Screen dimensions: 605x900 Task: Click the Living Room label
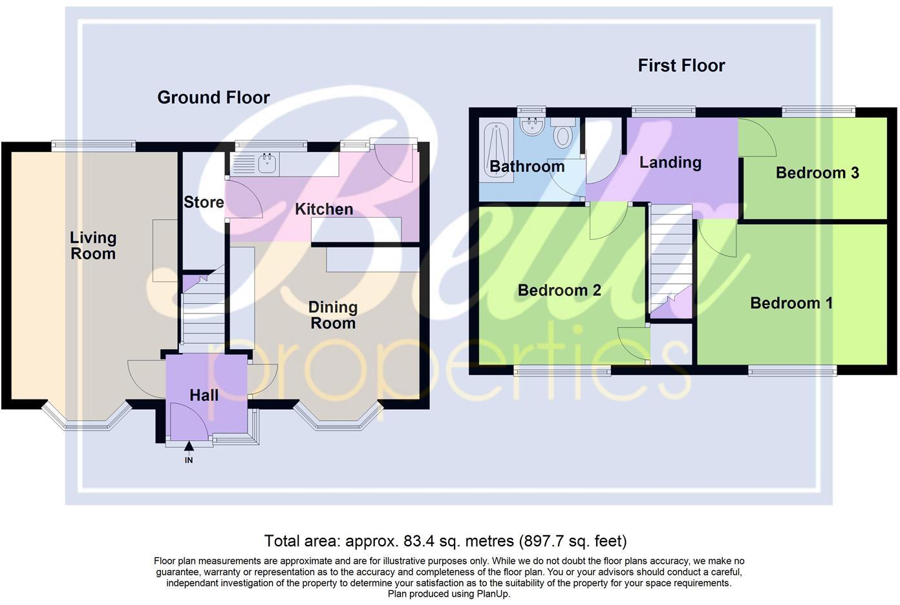93,246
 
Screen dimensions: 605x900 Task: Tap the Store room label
204,202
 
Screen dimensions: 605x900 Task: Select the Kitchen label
324,209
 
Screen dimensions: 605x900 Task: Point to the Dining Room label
333,315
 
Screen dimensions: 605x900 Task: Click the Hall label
204,395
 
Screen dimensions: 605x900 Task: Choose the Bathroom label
527,167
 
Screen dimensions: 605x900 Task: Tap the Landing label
670,162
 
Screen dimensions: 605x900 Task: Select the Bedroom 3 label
817,173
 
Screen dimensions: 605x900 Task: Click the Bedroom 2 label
559,290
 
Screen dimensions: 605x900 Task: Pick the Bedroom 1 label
791,302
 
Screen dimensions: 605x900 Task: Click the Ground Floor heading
213,98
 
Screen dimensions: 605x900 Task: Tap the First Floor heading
681,65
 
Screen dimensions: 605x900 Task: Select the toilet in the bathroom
564,134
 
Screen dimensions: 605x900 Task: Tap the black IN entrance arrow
189,447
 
